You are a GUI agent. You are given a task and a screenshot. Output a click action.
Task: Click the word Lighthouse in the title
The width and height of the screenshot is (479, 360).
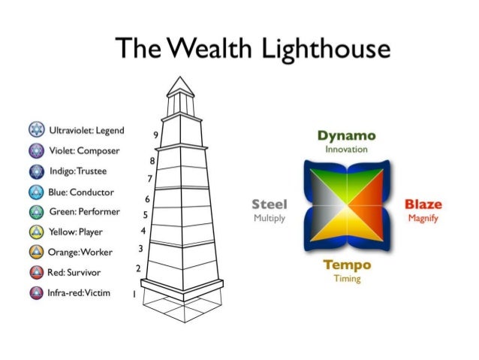325,50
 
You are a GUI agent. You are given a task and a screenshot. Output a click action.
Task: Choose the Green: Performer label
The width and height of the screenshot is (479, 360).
81,211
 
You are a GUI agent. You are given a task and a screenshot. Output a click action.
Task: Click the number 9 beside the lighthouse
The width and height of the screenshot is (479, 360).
155,135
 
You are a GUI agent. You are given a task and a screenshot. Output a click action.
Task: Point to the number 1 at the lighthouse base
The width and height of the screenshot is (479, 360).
134,295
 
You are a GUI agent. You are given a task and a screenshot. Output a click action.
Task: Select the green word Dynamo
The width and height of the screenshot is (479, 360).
345,136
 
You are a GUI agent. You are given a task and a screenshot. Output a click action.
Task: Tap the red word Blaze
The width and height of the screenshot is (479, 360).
423,204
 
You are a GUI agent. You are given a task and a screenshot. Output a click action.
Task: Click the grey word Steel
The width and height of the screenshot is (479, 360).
269,204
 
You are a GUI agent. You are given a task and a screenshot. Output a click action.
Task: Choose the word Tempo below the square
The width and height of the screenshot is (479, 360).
347,265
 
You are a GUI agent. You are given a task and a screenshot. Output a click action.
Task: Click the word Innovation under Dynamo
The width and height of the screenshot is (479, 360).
346,150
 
